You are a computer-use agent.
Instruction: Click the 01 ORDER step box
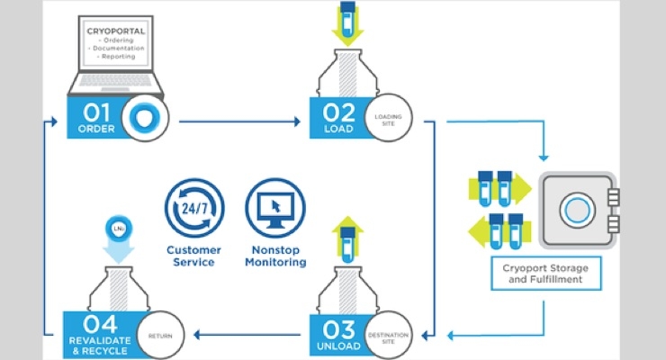(97, 120)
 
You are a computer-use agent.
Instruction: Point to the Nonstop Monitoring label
(274, 256)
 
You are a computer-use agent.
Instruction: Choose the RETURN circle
(163, 336)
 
